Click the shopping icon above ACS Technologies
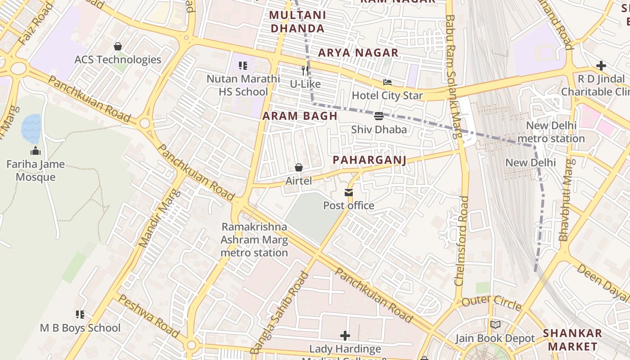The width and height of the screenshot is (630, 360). click(x=118, y=46)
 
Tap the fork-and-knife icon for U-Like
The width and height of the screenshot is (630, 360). click(x=305, y=71)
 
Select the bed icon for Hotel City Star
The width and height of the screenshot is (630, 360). click(x=387, y=82)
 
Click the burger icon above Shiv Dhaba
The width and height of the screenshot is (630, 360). click(x=378, y=116)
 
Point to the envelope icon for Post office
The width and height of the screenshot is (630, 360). click(x=348, y=193)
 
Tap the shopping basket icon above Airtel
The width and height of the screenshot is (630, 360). click(x=298, y=168)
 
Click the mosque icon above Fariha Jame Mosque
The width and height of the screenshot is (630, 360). click(x=36, y=151)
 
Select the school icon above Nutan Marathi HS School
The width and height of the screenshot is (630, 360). click(x=243, y=66)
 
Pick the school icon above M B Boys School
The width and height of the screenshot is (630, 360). click(x=80, y=315)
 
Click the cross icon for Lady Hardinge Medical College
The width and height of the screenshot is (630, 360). click(x=345, y=336)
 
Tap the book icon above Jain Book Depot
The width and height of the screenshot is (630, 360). click(x=495, y=324)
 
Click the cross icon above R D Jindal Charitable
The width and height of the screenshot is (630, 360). click(x=601, y=66)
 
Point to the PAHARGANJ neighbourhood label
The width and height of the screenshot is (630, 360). click(x=369, y=160)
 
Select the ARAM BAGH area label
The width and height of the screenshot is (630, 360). click(x=300, y=116)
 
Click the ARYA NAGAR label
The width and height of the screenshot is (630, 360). click(x=358, y=53)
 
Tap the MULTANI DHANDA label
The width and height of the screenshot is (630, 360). click(x=297, y=22)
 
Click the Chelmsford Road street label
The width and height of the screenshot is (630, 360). click(x=462, y=240)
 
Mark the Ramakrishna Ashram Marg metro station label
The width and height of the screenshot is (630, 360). click(x=254, y=239)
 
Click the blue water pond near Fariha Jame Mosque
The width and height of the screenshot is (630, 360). click(x=31, y=128)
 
